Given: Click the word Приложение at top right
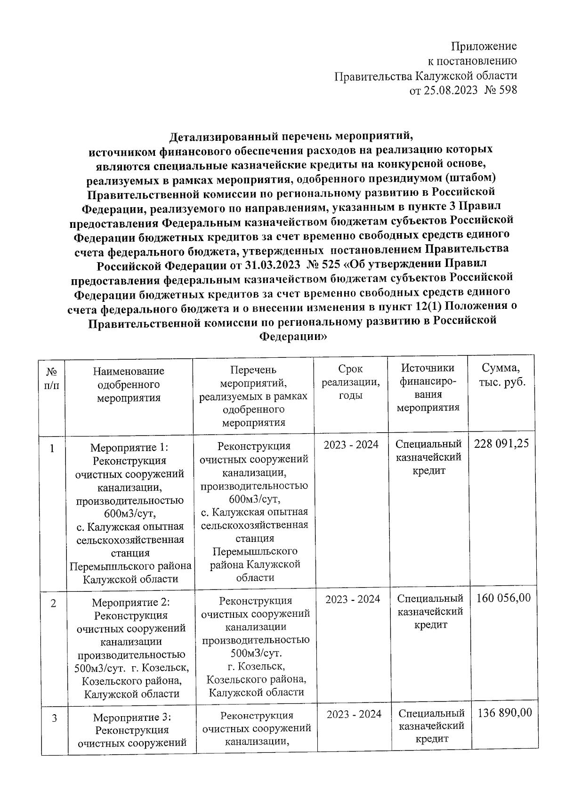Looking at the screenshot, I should point(484,46).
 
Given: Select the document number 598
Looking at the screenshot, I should point(508,90).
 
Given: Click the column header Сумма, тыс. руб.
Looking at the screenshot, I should point(502,375).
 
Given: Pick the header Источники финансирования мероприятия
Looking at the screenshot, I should point(428,388).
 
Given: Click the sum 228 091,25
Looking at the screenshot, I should point(501,444).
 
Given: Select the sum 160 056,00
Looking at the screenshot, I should point(503,598).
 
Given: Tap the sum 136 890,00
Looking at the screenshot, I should point(504,713).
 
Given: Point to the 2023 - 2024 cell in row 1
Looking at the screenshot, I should point(351,444).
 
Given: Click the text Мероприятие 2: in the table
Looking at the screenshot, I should point(130,602).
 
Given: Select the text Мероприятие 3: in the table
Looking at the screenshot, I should point(132,718).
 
